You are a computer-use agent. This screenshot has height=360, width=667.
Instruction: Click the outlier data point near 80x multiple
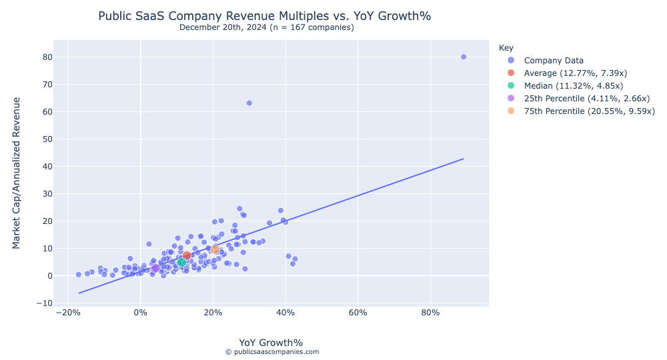(x=464, y=57)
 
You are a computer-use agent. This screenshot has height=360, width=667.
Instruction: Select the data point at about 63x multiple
(x=249, y=103)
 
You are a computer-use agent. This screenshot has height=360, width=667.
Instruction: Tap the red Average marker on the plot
(x=187, y=255)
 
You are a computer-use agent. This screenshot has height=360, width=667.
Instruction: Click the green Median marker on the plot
(x=181, y=262)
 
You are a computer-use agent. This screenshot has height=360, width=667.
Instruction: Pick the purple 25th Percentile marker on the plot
(x=155, y=268)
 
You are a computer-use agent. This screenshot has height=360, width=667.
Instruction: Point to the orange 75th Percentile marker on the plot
(x=215, y=249)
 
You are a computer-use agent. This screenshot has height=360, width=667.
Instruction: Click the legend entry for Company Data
(x=554, y=60)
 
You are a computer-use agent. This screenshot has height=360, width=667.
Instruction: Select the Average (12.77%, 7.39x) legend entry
(x=575, y=73)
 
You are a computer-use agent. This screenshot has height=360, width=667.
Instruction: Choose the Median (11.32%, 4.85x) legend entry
(x=573, y=85)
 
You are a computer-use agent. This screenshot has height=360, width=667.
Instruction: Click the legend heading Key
(x=506, y=48)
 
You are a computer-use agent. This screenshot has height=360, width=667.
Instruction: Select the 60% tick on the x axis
(x=358, y=313)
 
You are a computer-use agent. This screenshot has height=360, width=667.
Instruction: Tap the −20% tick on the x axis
(x=65, y=313)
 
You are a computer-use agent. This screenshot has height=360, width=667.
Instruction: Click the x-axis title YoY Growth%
(x=271, y=343)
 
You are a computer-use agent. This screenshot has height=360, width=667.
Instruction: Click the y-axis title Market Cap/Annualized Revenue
(x=17, y=173)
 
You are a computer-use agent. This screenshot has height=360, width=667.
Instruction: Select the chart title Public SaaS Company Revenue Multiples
(x=269, y=16)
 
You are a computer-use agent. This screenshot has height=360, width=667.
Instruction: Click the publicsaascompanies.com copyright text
(x=271, y=352)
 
